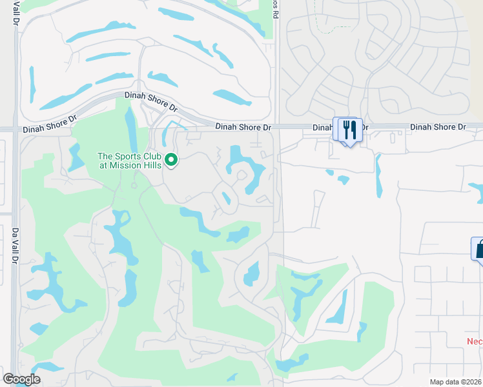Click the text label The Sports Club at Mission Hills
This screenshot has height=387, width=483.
point(129,160)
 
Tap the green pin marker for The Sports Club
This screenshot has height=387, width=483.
point(171,159)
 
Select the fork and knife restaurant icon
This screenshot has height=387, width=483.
point(349,130)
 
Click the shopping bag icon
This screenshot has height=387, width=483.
point(479,249)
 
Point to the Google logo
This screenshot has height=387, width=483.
point(21,379)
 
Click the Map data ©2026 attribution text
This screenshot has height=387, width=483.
point(455,382)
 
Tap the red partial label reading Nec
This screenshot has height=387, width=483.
point(475,341)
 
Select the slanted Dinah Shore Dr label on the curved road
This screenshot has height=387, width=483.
point(150,100)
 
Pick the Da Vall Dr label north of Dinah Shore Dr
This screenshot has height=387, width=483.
point(15,13)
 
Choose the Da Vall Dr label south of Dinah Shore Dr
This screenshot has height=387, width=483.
point(14,245)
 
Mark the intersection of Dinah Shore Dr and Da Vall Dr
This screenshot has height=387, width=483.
point(15,130)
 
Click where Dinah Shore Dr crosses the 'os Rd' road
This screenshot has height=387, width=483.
point(277,128)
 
